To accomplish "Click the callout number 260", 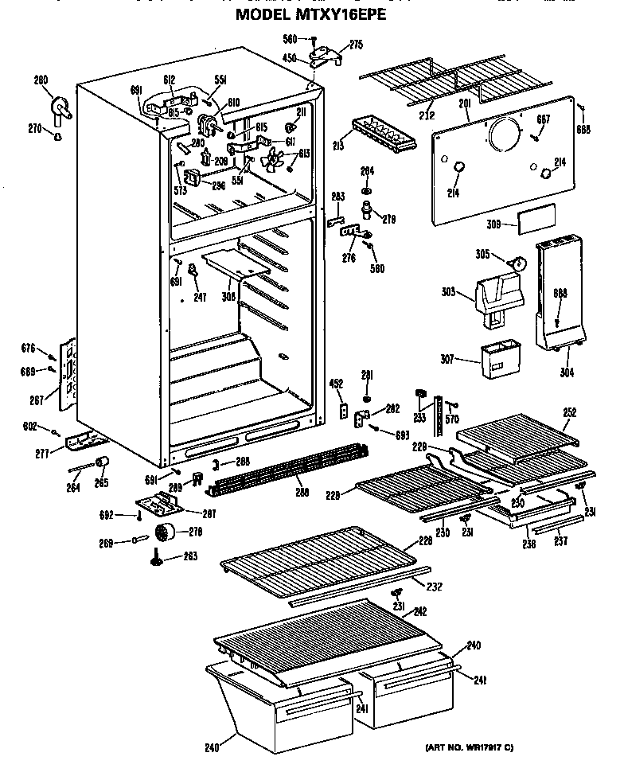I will [41, 80].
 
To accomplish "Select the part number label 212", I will [429, 114].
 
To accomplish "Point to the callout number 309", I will [493, 225].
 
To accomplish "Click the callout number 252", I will [569, 412].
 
